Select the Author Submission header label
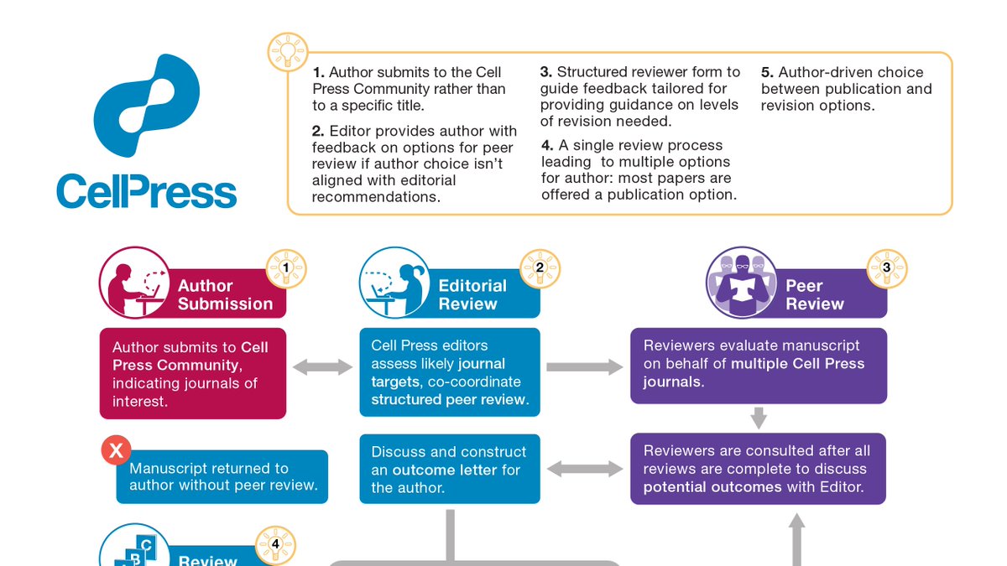pos(224,295)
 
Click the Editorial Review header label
pos(472,295)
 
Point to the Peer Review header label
pos(814,295)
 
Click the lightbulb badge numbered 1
pos(286,268)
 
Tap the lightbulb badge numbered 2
pos(540,268)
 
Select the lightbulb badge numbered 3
pos(886,268)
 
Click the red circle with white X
pos(115,450)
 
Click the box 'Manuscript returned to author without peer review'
pos(222,477)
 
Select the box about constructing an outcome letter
pos(450,469)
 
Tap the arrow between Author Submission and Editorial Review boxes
pos(322,366)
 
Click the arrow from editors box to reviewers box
pos(584,366)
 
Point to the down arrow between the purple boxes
pos(759,417)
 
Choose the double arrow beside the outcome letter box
pos(585,468)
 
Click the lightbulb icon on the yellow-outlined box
pos(286,51)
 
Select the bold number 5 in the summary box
pos(765,73)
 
